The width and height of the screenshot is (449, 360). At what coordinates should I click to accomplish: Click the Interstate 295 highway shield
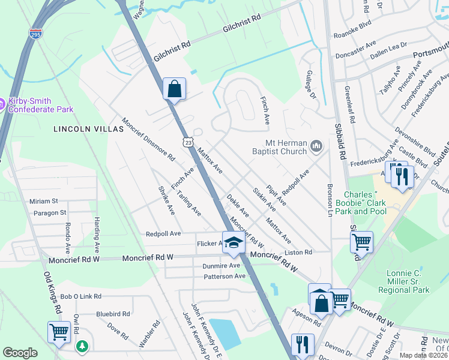pos(35,34)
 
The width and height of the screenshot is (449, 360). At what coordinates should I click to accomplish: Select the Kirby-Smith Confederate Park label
pos(41,105)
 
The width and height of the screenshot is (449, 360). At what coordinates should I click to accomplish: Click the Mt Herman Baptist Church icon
pos(316,146)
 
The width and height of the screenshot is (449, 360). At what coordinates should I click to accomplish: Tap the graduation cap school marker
pos(234,243)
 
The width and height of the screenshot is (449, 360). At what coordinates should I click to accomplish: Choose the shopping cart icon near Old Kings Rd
pos(59,332)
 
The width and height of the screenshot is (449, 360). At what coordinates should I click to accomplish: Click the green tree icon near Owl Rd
pos(82,346)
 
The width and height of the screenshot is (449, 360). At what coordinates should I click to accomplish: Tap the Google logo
pos(20,353)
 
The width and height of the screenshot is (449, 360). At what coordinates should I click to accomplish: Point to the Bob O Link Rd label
pos(80,296)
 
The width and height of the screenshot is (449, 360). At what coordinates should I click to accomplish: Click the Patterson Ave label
pos(224,276)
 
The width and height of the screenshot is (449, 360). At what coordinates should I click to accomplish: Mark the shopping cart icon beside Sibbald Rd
pos(361,242)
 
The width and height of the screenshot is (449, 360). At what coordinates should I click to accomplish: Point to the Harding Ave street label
pos(96,234)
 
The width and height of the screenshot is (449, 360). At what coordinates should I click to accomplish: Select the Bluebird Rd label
pos(113,314)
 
